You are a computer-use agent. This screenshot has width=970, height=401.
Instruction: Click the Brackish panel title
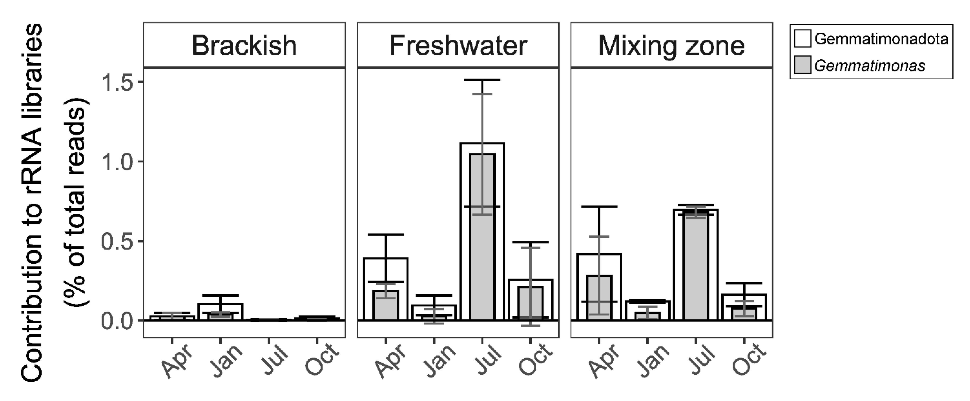[x=244, y=46]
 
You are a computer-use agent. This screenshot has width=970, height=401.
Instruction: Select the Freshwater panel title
[x=458, y=46]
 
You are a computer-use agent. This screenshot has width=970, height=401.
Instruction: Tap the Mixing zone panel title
[x=671, y=46]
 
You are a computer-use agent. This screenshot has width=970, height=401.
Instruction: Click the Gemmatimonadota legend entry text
[x=881, y=39]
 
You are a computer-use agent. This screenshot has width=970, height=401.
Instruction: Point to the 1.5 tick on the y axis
[x=117, y=82]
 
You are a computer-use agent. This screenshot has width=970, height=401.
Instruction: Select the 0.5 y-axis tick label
[x=117, y=241]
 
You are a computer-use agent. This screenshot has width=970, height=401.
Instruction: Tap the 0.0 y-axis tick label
[x=117, y=321]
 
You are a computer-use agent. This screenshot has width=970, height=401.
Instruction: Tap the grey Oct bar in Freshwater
[x=530, y=303]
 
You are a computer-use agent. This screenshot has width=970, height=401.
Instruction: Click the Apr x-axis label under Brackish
[x=177, y=361]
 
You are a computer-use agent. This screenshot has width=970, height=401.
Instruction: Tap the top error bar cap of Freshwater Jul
[x=482, y=80]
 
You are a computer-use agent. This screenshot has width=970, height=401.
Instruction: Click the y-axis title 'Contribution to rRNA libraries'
[x=32, y=203]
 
